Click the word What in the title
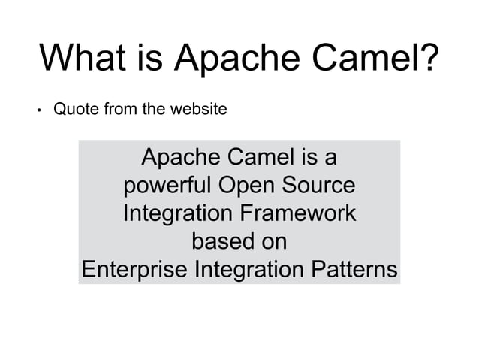[83, 59]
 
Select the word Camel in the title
[365, 59]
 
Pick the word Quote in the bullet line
[74, 110]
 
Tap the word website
[198, 110]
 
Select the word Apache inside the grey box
[178, 158]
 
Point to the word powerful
[168, 186]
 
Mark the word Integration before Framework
[177, 213]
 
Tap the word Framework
[297, 213]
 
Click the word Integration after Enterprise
[249, 269]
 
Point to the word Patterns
[353, 269]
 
